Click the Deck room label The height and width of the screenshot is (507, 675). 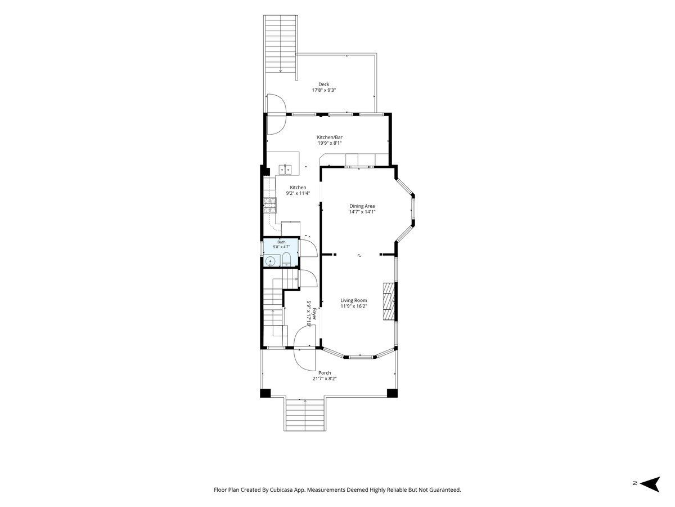click(x=323, y=84)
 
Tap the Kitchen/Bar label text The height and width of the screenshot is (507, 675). click(x=330, y=137)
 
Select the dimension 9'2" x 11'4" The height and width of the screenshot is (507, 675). click(x=298, y=193)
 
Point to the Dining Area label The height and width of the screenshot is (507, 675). click(x=362, y=206)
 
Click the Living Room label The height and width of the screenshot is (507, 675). click(x=354, y=300)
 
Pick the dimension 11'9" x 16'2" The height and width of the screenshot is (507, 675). click(x=354, y=306)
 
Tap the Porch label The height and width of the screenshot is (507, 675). click(x=325, y=373)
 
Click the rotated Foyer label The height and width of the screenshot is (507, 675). click(x=314, y=314)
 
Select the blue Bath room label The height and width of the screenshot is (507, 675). click(x=281, y=242)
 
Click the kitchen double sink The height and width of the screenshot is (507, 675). click(x=285, y=170)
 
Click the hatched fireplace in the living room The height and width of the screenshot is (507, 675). click(x=388, y=303)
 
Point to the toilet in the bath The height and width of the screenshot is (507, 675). click(x=286, y=259)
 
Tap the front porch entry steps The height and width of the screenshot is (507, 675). click(x=305, y=415)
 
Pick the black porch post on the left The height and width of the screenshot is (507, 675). click(x=265, y=393)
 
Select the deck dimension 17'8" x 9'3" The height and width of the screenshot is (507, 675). click(x=323, y=90)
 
